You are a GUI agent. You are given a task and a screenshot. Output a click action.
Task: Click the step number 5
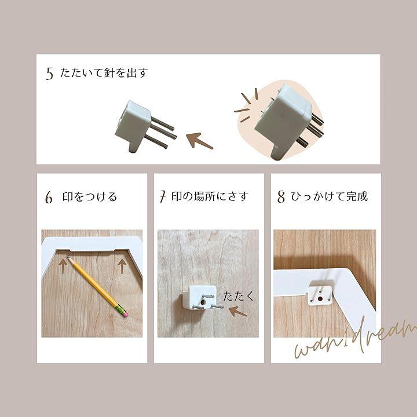(x=49, y=74)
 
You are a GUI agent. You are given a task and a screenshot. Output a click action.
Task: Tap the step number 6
(x=49, y=197)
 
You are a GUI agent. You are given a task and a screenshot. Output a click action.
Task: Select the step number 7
(x=163, y=197)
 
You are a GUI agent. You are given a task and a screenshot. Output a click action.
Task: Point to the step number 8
(x=281, y=197)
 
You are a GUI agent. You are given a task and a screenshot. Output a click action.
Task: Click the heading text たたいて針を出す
(x=104, y=72)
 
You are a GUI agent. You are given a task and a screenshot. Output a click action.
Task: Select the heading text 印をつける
(x=90, y=197)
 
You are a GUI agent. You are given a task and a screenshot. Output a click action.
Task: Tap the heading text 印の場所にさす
(x=210, y=196)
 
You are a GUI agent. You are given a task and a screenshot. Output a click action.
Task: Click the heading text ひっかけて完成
(x=330, y=196)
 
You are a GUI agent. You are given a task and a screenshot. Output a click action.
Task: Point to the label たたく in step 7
(x=238, y=296)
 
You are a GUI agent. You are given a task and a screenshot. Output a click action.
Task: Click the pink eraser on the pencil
(x=125, y=314)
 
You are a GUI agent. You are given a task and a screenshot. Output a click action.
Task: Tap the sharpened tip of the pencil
(x=68, y=257)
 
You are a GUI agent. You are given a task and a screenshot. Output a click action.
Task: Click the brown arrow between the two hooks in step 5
(x=199, y=140)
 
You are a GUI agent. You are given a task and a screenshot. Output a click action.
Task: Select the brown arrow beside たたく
(x=238, y=311)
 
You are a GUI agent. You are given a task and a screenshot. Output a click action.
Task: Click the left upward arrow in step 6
(x=63, y=266)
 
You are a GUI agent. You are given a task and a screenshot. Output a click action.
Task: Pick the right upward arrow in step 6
(x=122, y=266)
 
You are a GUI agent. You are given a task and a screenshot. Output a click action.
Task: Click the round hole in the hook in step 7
(x=204, y=302)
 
